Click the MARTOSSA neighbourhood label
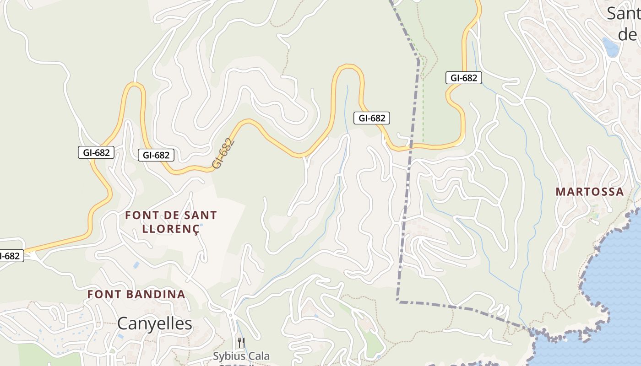click(x=590, y=192)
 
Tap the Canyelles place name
click(x=155, y=323)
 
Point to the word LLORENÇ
click(x=171, y=229)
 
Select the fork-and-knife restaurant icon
click(x=241, y=342)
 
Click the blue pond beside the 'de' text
click(x=610, y=47)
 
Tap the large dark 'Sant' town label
click(x=624, y=14)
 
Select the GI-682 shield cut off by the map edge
click(x=10, y=256)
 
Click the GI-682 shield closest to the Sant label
click(x=464, y=78)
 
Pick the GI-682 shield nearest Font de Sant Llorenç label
click(x=156, y=155)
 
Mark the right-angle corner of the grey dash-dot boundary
click(x=398, y=301)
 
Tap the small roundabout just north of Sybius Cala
click(x=230, y=315)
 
